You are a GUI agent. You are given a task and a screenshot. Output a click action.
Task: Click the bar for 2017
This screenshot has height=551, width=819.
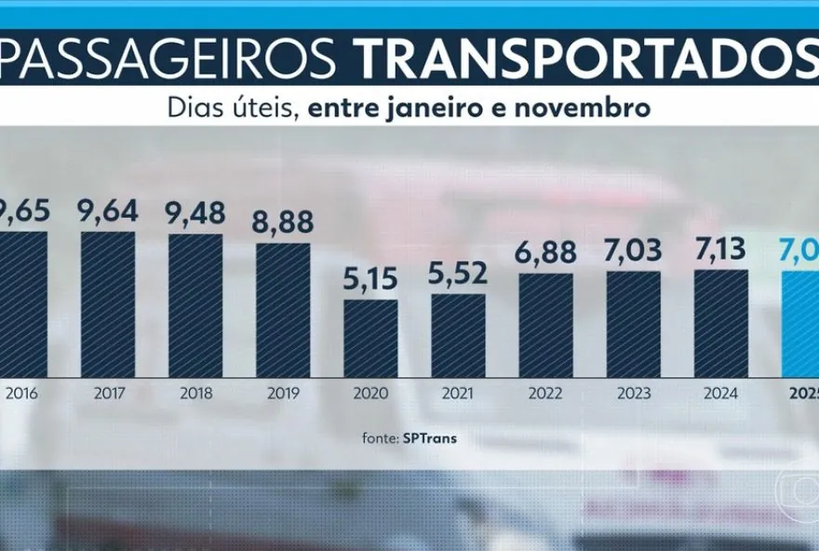pyautogui.click(x=108, y=304)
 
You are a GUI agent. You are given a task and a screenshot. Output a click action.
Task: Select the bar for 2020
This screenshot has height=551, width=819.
pyautogui.click(x=370, y=338)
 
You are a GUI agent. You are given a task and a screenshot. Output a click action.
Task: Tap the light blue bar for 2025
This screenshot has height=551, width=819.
pyautogui.click(x=800, y=324)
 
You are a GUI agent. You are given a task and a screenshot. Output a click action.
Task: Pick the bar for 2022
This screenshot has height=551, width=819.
pyautogui.click(x=545, y=325)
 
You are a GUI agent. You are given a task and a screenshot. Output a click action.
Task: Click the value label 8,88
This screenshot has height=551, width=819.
pyautogui.click(x=283, y=222)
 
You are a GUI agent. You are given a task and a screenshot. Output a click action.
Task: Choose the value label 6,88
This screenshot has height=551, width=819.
pyautogui.click(x=545, y=252)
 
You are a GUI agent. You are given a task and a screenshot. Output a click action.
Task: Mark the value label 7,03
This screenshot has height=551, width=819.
pyautogui.click(x=633, y=250)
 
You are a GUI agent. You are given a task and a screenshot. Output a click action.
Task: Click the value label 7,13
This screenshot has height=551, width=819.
pyautogui.click(x=721, y=249)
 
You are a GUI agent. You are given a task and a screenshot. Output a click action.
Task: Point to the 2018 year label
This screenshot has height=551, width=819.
pyautogui.click(x=195, y=394)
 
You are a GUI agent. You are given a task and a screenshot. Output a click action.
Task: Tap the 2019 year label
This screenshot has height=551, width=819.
pyautogui.click(x=283, y=394)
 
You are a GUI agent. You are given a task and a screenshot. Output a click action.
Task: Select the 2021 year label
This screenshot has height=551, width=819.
pyautogui.click(x=458, y=394)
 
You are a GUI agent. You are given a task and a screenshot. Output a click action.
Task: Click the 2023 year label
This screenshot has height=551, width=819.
pyautogui.click(x=633, y=394)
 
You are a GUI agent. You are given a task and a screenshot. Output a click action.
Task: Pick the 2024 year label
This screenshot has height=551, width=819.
pyautogui.click(x=721, y=394)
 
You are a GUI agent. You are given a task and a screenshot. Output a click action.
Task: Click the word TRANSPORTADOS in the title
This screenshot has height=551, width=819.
pyautogui.click(x=586, y=60)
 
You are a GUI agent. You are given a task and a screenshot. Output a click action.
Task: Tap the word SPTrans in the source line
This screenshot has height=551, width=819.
pyautogui.click(x=429, y=438)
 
